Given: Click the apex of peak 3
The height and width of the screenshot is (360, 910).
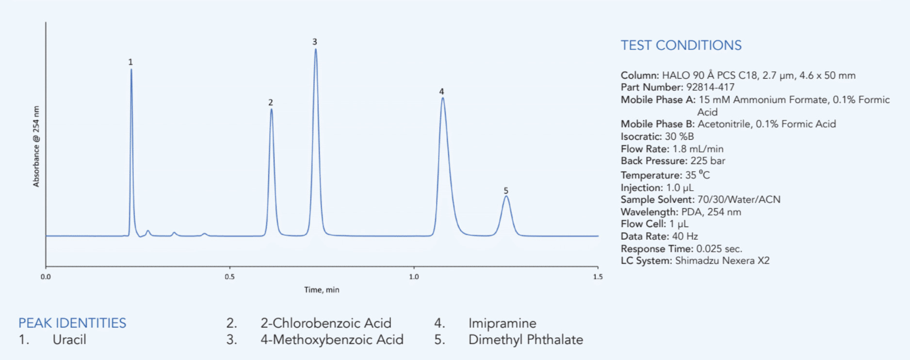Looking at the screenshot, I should tap(315, 49).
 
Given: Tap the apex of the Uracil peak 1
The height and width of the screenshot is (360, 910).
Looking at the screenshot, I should tap(131, 70).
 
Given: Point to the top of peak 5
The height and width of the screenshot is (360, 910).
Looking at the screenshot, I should tap(506, 196).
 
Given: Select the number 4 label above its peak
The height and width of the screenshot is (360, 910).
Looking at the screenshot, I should tap(441, 91).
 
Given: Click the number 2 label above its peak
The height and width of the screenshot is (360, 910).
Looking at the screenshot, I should tap(271, 102).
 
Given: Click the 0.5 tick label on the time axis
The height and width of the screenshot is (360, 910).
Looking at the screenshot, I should tap(229, 277).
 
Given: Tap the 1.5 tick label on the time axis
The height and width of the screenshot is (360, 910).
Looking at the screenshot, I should tap(598, 277).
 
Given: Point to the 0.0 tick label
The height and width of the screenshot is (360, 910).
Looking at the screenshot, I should tap(46, 277).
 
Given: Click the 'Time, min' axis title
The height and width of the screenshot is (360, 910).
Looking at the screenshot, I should tap(322, 290).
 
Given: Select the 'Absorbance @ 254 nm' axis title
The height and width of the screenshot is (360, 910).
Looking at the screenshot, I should tap(36, 146).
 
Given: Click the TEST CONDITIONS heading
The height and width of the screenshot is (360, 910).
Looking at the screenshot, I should tap(681, 45).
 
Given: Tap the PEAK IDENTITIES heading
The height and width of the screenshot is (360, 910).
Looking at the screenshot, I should tap(72, 323).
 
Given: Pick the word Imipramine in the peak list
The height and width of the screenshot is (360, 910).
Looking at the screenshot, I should tap(502, 323).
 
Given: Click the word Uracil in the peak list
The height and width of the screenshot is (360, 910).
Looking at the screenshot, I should tap(69, 340).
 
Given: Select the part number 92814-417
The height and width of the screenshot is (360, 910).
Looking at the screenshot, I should tap(710, 87).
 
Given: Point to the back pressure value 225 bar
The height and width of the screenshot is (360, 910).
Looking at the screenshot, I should tap(708, 161).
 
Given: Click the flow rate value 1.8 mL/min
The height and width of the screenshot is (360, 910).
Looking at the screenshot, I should tap(698, 149).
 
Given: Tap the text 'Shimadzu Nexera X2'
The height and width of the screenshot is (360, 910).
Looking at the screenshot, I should tap(722, 261).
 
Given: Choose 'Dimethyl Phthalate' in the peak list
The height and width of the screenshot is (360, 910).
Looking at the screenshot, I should tap(525, 340).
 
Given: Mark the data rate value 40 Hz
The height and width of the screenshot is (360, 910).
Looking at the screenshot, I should tap(684, 236).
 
